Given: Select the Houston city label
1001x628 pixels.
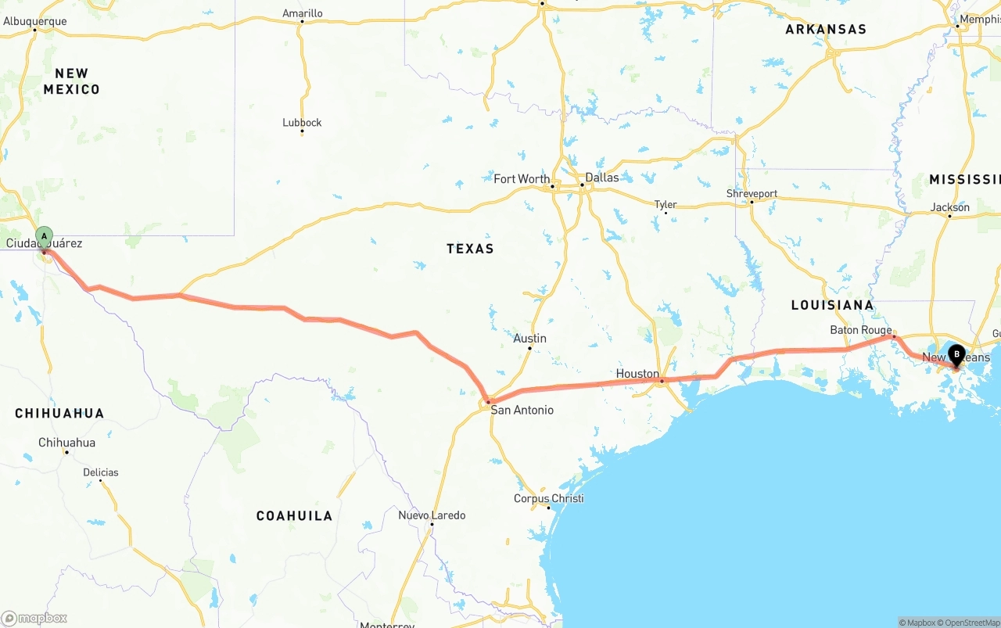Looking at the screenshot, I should pyautogui.click(x=637, y=374).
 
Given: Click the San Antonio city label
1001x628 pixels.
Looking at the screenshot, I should pyautogui.click(x=522, y=410).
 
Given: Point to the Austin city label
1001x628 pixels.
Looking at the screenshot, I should pyautogui.click(x=529, y=339).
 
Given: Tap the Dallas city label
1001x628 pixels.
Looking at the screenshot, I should pyautogui.click(x=601, y=178).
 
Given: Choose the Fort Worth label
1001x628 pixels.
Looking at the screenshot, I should pyautogui.click(x=522, y=179).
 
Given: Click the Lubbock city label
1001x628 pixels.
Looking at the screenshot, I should pyautogui.click(x=302, y=123).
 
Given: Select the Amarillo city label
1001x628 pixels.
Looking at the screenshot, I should pyautogui.click(x=302, y=13).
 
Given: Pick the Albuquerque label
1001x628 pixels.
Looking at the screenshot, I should pyautogui.click(x=35, y=21).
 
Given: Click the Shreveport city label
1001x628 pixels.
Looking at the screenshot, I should pyautogui.click(x=752, y=194).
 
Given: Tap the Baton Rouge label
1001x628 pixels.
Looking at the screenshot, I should pyautogui.click(x=860, y=330).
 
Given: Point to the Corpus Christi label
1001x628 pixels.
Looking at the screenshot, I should pyautogui.click(x=548, y=498).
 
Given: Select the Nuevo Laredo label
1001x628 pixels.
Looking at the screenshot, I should pyautogui.click(x=432, y=515).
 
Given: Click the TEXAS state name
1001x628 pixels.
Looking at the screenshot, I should pyautogui.click(x=470, y=249).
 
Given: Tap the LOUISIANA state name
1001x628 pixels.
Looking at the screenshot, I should pyautogui.click(x=832, y=305).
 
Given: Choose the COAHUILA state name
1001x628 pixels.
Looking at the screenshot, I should pyautogui.click(x=294, y=515).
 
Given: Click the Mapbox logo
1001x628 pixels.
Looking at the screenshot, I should pyautogui.click(x=34, y=618).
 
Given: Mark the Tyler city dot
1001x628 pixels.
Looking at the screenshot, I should pyautogui.click(x=666, y=212).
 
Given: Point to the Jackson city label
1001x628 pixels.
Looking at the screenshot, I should pyautogui.click(x=950, y=207).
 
